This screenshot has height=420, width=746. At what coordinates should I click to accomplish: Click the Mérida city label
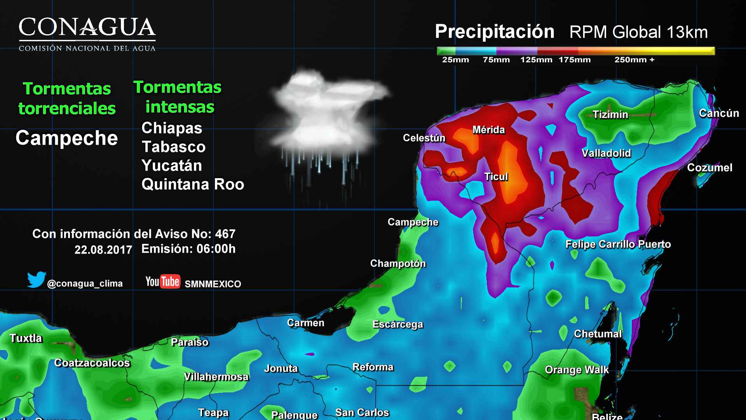pos(488,130)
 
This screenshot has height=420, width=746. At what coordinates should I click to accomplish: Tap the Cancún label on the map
pos(718,113)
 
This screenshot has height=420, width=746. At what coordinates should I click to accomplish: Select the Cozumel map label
pos(709,168)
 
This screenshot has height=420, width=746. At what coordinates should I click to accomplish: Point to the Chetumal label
pos(598,334)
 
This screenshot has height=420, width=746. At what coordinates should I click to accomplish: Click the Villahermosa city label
pos(216,376)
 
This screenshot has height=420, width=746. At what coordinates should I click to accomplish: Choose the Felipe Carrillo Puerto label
pos(618,244)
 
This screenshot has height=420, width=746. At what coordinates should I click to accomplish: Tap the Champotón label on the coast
pos(398,263)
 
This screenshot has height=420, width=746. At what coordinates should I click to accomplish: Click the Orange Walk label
pos(577,369)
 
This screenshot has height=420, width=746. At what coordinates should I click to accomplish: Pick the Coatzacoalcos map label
pos(92,363)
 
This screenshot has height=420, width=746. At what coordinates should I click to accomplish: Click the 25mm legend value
pos(455,60)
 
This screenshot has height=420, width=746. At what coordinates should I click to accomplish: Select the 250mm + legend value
pos(634,60)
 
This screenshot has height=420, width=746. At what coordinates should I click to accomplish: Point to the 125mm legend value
pos(536,60)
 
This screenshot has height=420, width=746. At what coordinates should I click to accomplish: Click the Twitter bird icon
pos(37,280)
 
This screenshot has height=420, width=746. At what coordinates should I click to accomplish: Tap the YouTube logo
pos(162,282)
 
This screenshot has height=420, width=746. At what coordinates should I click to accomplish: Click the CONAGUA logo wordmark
pos(87,28)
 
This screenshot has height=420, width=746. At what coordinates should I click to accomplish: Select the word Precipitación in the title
pos(494,31)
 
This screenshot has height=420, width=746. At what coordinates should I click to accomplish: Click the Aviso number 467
pos(225,234)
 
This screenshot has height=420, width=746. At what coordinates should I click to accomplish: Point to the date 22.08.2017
pos(103,250)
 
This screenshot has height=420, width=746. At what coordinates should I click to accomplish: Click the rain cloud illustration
pos(326,117)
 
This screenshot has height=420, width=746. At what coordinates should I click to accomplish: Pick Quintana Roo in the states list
pos(193,184)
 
